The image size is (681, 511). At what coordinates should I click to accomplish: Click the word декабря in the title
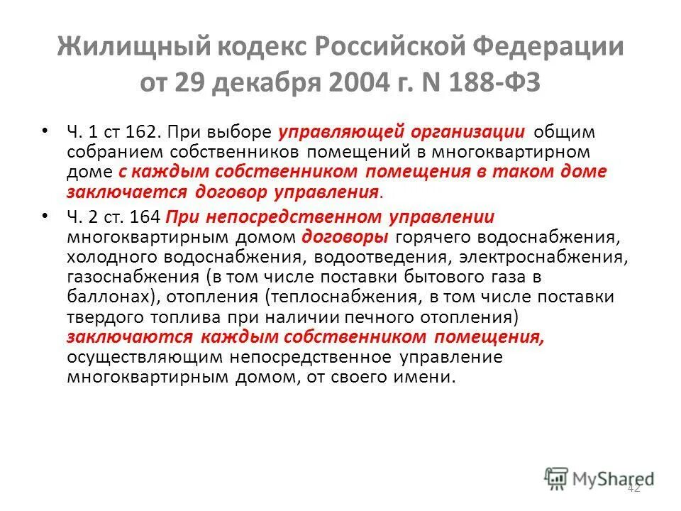[x=283, y=83]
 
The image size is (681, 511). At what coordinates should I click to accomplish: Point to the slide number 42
[x=633, y=487]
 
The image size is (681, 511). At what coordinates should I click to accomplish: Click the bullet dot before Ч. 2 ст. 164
[x=46, y=215]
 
